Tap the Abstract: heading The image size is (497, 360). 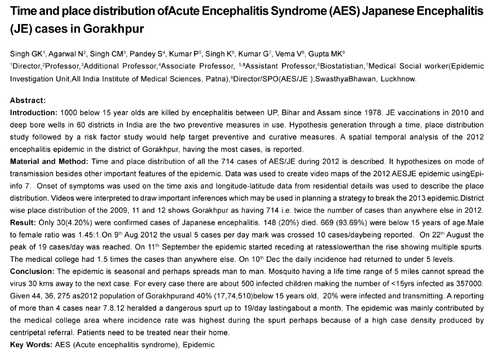coord(28,101)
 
